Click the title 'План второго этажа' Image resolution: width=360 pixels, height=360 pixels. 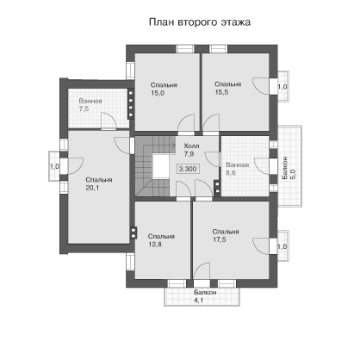200,22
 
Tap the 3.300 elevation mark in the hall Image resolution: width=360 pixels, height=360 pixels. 188,169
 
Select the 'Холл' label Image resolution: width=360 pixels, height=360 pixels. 191,146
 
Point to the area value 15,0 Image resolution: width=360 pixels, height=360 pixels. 158,93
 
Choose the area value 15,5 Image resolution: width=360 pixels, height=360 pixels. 221,92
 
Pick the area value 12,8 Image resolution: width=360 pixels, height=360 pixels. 155,245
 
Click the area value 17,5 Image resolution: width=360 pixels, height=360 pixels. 220,239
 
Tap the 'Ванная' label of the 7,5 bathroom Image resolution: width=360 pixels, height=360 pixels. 90,101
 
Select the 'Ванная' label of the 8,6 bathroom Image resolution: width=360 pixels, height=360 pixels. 238,165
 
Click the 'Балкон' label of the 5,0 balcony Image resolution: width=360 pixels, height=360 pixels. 285,168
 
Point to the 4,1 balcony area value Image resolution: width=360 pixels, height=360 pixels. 198,301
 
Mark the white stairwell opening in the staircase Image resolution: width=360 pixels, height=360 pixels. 160,166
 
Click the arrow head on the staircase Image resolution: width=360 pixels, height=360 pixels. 174,146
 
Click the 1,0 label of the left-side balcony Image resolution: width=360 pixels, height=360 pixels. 54,166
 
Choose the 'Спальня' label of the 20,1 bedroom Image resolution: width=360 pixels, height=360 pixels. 99,180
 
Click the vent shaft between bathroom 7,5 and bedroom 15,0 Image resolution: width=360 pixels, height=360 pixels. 131,103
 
